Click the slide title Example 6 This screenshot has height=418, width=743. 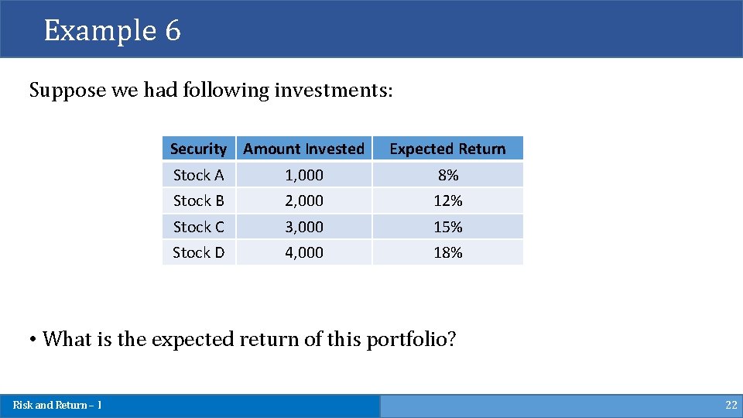pos(112,30)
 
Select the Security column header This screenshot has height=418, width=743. pos(198,149)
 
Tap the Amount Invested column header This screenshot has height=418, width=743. pos(303,149)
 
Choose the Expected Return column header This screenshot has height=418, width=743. pos(447,149)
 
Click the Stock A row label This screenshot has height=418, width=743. pos(198,175)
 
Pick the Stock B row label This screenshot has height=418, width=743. pos(198,200)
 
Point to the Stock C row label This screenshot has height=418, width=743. pos(198,227)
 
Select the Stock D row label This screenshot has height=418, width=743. pos(198,252)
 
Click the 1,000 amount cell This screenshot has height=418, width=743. pos(304,175)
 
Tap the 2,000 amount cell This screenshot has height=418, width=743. pos(304,200)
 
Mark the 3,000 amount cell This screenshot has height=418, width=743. pos(304,227)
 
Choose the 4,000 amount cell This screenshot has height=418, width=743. pos(304,252)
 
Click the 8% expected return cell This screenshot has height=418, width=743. pos(448,175)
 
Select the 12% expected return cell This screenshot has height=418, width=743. pos(448,200)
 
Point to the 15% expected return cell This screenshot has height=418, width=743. pos(448,227)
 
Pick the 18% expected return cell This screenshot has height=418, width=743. pos(448,252)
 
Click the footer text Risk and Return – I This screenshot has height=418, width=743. pos(57,405)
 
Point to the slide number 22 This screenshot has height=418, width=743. pos(731,405)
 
